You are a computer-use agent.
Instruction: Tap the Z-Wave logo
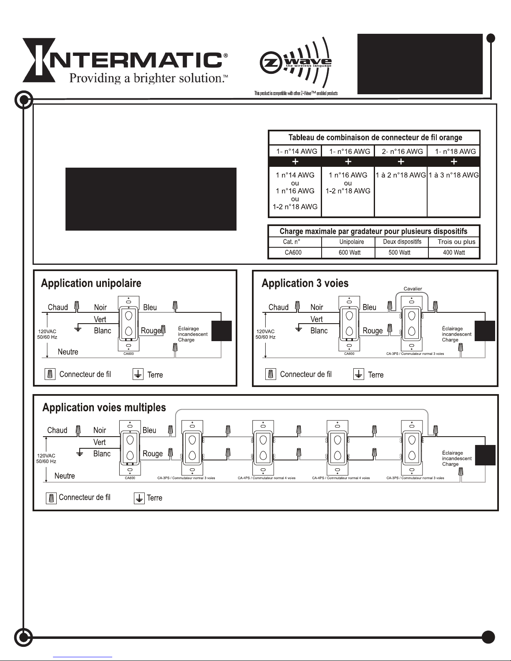296,63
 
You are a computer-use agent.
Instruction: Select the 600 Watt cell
350,252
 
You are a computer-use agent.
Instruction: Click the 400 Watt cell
454,252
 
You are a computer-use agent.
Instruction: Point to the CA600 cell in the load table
293,252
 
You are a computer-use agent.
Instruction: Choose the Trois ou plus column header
456,242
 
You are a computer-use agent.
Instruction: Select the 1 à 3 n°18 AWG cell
454,175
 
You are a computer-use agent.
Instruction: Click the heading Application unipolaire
91,284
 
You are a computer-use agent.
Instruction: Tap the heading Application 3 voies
305,284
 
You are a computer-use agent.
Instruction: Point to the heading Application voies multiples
104,407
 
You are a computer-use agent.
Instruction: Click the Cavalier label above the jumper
413,289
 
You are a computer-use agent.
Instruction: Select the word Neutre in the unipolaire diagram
68,352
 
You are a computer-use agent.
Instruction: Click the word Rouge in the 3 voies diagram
373,331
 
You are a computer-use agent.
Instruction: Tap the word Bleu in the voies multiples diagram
149,430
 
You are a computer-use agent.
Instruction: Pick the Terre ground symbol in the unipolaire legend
138,374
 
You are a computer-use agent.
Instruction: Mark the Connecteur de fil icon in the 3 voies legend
271,374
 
